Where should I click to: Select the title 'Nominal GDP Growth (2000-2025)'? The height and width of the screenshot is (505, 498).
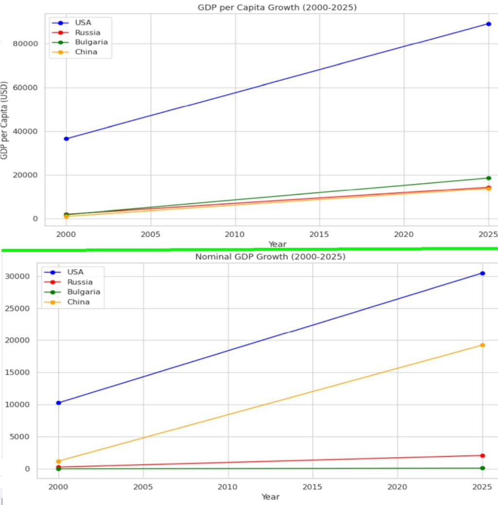[x=270, y=257]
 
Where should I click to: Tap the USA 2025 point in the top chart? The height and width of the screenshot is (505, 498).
[x=488, y=24]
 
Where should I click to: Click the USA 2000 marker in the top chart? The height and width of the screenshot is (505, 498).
[x=66, y=139]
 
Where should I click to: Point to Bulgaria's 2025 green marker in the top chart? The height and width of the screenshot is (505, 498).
[x=488, y=178]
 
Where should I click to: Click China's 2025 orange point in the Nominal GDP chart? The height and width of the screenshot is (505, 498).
[x=482, y=345]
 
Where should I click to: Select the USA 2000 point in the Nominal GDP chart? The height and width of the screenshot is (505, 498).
[x=58, y=403]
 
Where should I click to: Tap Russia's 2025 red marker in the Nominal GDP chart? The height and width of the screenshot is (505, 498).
[x=482, y=455]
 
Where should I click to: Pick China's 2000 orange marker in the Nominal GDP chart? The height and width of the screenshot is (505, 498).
[x=58, y=461]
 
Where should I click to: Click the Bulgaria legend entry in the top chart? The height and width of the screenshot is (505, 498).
[x=91, y=42]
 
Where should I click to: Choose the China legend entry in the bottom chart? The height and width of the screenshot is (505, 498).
[x=78, y=302]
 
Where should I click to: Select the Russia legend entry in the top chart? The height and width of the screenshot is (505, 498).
[x=88, y=33]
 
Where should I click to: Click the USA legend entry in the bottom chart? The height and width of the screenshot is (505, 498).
[x=75, y=272]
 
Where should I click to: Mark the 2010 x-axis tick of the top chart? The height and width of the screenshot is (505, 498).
[x=235, y=233]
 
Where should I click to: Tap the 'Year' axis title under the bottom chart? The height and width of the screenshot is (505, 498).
[x=270, y=497]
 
